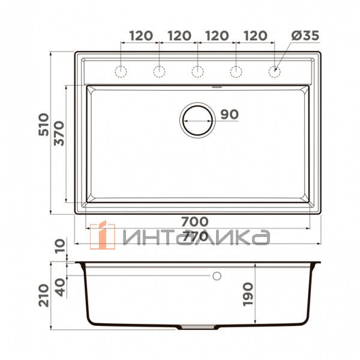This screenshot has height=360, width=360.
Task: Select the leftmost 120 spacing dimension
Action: pos(140,36)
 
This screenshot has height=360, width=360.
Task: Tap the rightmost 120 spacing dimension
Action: pos(256,36)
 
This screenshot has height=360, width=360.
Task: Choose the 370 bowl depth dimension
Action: pos(58,134)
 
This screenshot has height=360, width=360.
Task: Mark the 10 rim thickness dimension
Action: pos(58,247)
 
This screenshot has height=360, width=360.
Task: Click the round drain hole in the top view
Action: pos(197,119)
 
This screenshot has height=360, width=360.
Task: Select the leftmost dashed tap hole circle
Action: pos(121,72)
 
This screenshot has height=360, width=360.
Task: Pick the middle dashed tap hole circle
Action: pos(198,72)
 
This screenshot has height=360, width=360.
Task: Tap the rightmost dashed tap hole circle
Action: pos(274,72)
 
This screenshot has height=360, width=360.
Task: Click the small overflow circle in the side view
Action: pos(217,276)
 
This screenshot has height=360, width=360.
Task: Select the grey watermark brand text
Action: pos(194,237)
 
